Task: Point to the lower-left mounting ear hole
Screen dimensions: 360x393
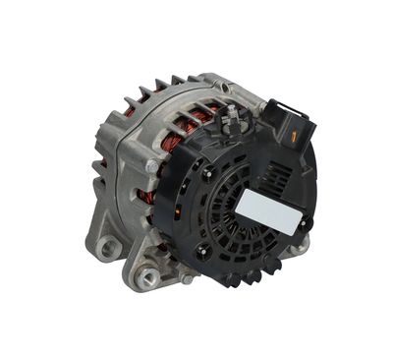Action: click(x=107, y=249)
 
